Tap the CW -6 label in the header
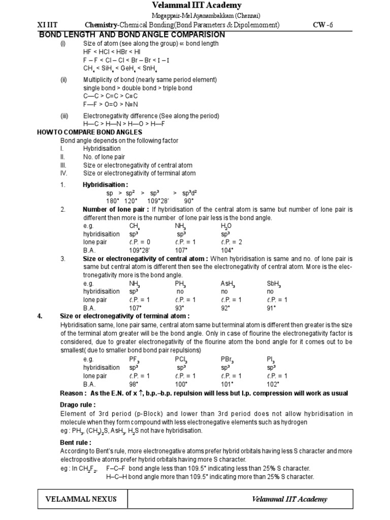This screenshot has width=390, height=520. click(x=323, y=25)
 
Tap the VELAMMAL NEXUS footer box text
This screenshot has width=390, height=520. click(x=81, y=499)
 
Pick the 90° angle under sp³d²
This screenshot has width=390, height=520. click(x=188, y=201)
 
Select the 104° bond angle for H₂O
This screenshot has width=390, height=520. click(x=226, y=250)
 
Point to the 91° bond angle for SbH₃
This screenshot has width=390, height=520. click(x=272, y=308)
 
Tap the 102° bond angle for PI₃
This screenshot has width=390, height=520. click(x=273, y=384)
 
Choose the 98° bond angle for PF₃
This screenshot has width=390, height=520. click(x=134, y=384)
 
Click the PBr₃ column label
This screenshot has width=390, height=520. click(x=227, y=360)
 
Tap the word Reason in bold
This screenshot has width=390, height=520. click(x=73, y=394)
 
